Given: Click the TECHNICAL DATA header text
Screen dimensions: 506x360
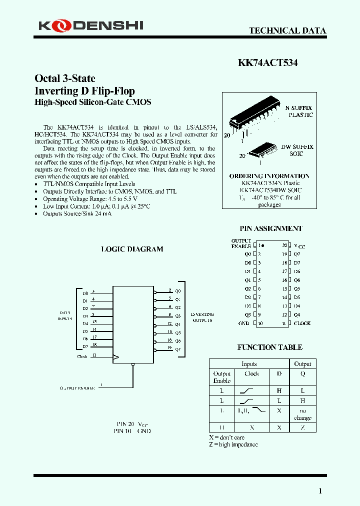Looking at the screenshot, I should click(x=287, y=30).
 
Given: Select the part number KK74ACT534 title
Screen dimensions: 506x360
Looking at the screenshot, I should click(x=267, y=63).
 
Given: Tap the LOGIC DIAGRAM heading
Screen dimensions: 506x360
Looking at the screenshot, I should click(x=132, y=249).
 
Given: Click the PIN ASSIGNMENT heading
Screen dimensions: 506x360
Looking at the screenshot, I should click(x=271, y=228).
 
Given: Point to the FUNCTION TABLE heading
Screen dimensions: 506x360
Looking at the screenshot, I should click(x=269, y=347).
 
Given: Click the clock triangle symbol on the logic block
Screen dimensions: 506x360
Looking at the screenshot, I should click(x=116, y=357).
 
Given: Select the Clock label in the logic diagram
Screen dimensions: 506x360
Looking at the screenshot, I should click(x=82, y=356).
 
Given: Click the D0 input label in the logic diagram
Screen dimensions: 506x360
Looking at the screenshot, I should click(x=85, y=293).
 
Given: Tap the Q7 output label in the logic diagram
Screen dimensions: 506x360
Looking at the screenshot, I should click(x=177, y=349).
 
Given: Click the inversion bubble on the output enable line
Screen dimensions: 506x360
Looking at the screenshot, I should click(x=133, y=365).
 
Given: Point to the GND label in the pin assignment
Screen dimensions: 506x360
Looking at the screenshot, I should click(x=244, y=323).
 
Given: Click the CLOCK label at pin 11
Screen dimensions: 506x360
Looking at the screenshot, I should click(x=302, y=323).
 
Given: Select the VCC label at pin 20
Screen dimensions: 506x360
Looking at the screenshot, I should click(x=299, y=246).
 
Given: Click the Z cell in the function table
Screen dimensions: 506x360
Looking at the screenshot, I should click(x=302, y=427).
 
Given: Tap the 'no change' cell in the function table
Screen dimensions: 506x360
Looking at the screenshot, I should click(x=302, y=414).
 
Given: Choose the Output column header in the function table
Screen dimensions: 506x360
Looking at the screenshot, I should click(x=302, y=364).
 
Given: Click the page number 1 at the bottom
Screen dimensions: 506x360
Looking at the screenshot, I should click(x=320, y=491).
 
